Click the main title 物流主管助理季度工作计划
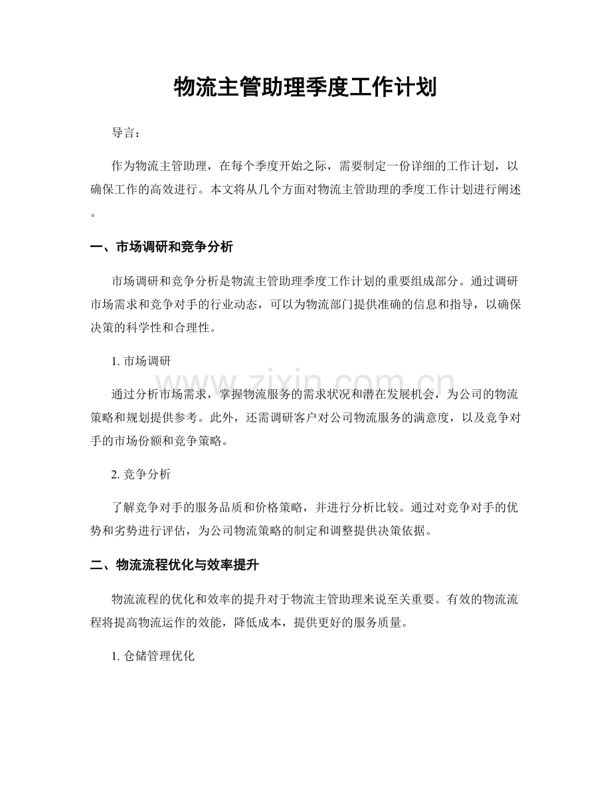305,87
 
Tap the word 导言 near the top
126,133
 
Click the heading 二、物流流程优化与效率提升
174,567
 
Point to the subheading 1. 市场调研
142,362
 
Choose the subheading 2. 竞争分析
142,475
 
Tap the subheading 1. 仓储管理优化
153,656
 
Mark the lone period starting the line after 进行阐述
93,215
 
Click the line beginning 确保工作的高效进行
305,190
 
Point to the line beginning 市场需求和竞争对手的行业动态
305,304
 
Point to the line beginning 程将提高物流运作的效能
246,624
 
